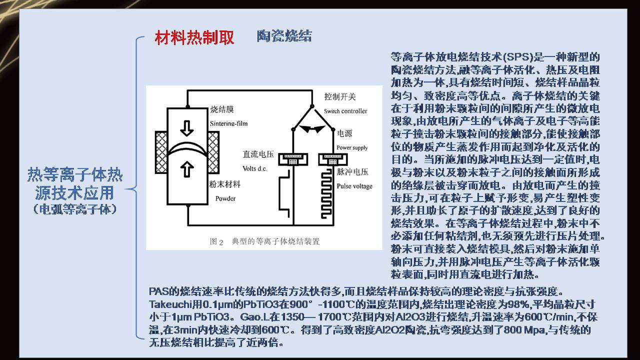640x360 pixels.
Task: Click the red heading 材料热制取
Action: [x=194, y=38]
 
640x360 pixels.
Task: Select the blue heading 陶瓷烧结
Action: [x=284, y=36]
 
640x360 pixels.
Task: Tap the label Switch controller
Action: [x=345, y=111]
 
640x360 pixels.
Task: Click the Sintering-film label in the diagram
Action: [x=229, y=123]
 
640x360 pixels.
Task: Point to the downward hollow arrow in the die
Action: [x=187, y=128]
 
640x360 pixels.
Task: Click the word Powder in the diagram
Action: [x=225, y=198]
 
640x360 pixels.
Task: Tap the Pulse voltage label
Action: [x=354, y=186]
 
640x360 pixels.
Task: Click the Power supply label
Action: [x=352, y=147]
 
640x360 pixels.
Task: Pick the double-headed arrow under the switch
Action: [x=311, y=128]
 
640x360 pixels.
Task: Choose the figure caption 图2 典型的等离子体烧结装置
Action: [x=264, y=241]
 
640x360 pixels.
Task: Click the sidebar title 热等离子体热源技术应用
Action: [x=75, y=183]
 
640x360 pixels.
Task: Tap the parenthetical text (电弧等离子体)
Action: [x=75, y=209]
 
